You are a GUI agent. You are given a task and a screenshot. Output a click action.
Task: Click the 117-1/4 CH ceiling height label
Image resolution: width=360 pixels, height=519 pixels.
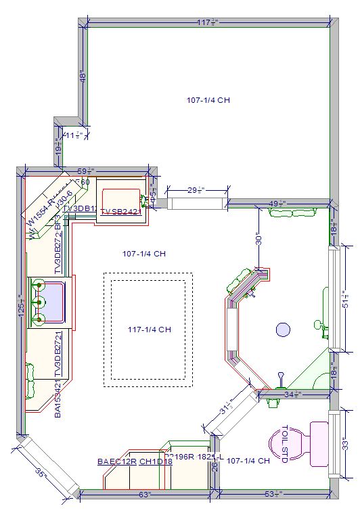click(149, 330)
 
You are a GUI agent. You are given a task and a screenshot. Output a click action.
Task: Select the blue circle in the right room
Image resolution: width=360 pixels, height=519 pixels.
click(283, 330)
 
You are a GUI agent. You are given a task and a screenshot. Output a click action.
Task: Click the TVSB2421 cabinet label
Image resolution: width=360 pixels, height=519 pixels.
click(122, 212)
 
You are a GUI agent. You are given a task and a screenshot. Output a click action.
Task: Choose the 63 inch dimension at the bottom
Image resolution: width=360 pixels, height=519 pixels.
click(144, 495)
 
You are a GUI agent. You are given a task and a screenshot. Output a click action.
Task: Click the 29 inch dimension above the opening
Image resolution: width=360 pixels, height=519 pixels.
click(196, 190)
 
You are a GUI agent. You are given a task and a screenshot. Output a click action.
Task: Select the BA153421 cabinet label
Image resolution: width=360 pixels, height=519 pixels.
click(58, 399)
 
